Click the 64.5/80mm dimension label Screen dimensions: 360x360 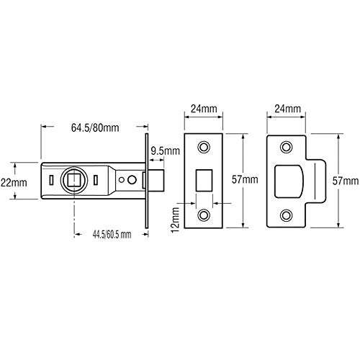pyautogui.click(x=95, y=127)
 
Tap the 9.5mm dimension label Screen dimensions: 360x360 pyautogui.click(x=165, y=151)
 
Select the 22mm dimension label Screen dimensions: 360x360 pyautogui.click(x=14, y=183)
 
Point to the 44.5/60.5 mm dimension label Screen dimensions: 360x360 pyautogui.click(x=112, y=234)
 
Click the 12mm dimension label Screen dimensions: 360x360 pyautogui.click(x=176, y=220)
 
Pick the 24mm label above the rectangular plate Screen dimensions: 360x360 pyautogui.click(x=204, y=109)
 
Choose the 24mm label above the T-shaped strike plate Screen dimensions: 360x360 pyautogui.click(x=287, y=109)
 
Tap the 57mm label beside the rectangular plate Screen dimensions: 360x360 pyautogui.click(x=245, y=179)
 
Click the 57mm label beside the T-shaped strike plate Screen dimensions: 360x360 pyautogui.click(x=346, y=181)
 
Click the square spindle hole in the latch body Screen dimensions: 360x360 pyautogui.click(x=74, y=181)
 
